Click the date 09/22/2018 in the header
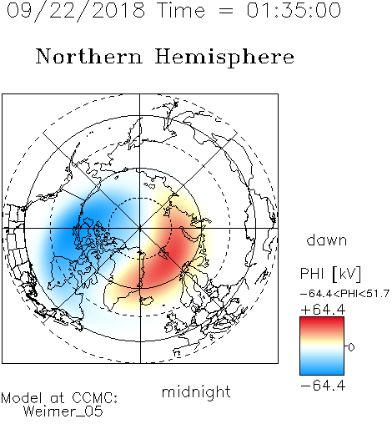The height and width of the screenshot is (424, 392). pyautogui.click(x=76, y=11)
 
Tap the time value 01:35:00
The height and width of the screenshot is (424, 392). pyautogui.click(x=294, y=10)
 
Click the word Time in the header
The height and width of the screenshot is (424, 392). pyautogui.click(x=181, y=10)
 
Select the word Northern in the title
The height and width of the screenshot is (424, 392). pyautogui.click(x=89, y=56)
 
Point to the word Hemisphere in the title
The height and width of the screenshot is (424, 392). pyautogui.click(x=224, y=58)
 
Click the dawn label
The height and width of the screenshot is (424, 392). pyautogui.click(x=327, y=240)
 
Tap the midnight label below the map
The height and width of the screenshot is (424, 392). pyautogui.click(x=196, y=391)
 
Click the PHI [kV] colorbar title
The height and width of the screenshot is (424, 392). pyautogui.click(x=330, y=274)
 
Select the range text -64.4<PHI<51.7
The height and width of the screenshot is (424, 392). pyautogui.click(x=344, y=294)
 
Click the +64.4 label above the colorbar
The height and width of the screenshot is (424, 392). pyautogui.click(x=323, y=310)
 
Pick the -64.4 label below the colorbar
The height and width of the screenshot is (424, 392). pyautogui.click(x=323, y=386)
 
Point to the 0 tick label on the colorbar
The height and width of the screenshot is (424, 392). pyautogui.click(x=351, y=347)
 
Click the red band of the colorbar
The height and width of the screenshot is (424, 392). pyautogui.click(x=322, y=323)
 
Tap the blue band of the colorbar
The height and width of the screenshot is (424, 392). pyautogui.click(x=322, y=367)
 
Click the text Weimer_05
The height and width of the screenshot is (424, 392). pyautogui.click(x=63, y=411)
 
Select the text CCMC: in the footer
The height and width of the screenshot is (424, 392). pyautogui.click(x=95, y=398)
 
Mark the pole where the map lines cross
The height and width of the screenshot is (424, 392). pyautogui.click(x=140, y=228)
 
